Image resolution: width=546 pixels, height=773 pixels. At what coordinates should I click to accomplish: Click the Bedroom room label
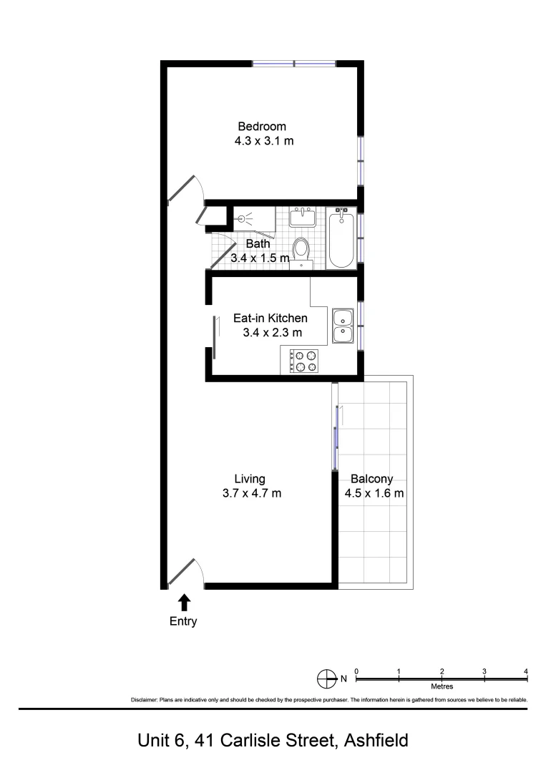point(262,127)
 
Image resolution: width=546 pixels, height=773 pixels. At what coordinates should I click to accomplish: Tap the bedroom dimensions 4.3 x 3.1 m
point(264,141)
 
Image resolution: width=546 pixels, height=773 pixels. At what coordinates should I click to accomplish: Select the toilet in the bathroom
point(301,251)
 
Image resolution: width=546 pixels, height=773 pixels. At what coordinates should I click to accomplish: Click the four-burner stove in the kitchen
point(303,361)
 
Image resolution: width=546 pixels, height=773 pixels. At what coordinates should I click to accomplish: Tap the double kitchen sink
point(343,326)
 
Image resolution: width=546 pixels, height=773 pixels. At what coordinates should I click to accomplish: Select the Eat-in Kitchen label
point(270,318)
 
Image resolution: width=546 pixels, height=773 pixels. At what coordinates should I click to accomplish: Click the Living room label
point(250,479)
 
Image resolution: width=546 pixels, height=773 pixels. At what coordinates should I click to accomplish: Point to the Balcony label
point(371,479)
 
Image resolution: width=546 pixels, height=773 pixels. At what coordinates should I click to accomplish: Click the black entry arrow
point(184,603)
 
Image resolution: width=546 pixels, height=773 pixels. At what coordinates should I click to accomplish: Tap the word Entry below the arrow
point(183,621)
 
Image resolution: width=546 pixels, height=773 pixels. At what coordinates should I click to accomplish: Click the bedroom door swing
point(187,188)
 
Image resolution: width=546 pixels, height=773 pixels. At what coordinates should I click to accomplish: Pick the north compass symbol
point(326,678)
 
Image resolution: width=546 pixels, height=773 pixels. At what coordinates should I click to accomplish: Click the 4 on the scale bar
point(526,671)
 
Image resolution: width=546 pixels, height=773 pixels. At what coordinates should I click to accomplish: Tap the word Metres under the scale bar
point(442,686)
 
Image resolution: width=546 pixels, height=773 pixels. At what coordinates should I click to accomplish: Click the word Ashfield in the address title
point(376,740)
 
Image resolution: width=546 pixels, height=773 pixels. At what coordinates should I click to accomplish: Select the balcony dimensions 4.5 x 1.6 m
point(374,493)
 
